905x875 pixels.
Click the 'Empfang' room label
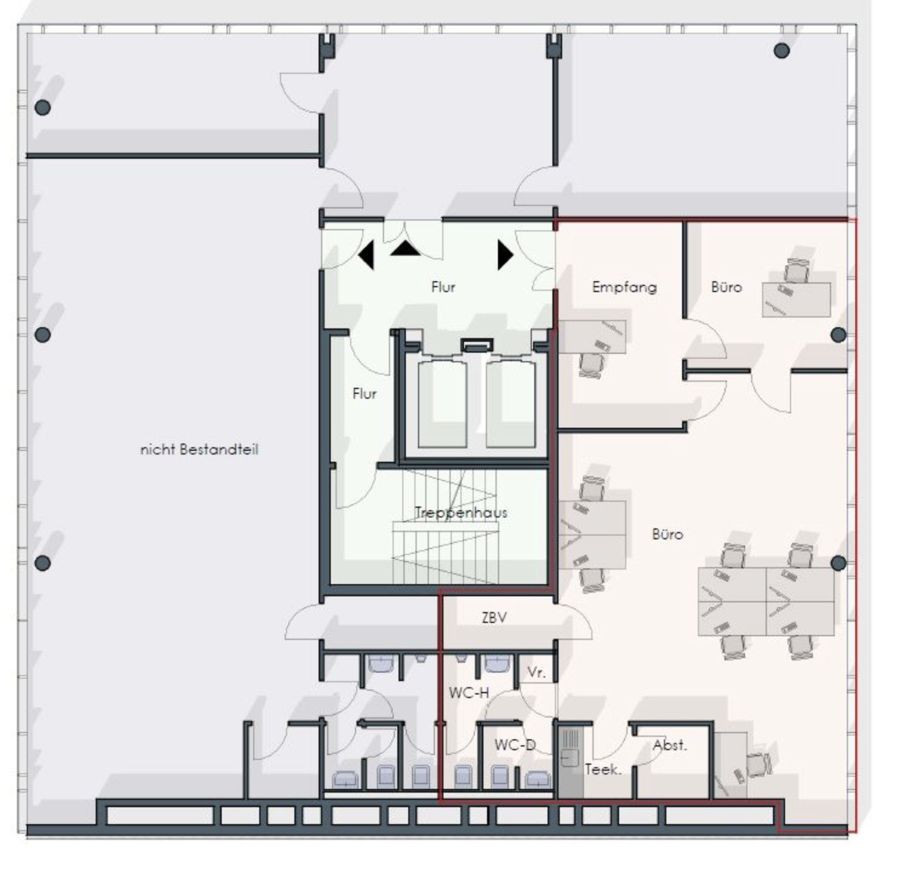pyautogui.click(x=624, y=287)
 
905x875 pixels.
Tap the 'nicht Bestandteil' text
pyautogui.click(x=199, y=450)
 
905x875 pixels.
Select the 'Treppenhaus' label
pyautogui.click(x=461, y=513)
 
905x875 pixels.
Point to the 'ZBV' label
pyautogui.click(x=494, y=618)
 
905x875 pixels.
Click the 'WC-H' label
pyautogui.click(x=469, y=693)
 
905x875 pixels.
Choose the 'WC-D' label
pyautogui.click(x=515, y=745)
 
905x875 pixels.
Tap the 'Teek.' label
pyautogui.click(x=603, y=770)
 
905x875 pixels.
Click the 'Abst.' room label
pyautogui.click(x=670, y=745)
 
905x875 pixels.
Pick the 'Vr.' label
pyautogui.click(x=537, y=672)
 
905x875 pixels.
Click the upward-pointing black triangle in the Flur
pyautogui.click(x=405, y=248)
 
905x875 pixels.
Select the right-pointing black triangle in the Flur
pyautogui.click(x=505, y=255)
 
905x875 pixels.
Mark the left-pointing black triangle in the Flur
pyautogui.click(x=366, y=255)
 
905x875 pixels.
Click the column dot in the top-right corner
pyautogui.click(x=781, y=50)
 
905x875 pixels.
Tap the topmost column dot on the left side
pyautogui.click(x=42, y=108)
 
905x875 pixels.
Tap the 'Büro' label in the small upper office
pyautogui.click(x=726, y=287)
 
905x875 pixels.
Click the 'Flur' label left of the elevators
pyautogui.click(x=365, y=394)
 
